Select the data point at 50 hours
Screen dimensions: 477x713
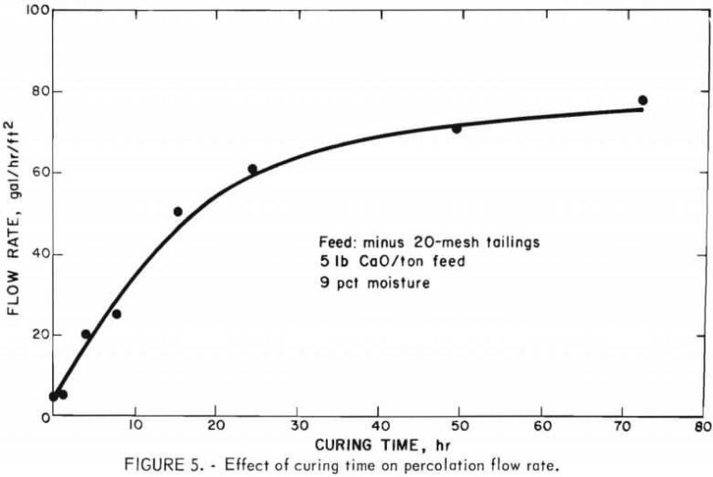(457, 128)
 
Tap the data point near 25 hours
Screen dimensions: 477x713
(253, 169)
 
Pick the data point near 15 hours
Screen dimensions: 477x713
(177, 212)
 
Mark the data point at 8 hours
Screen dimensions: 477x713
(117, 314)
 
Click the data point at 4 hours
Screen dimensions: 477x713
(86, 334)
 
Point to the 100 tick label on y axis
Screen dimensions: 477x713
(33, 10)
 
